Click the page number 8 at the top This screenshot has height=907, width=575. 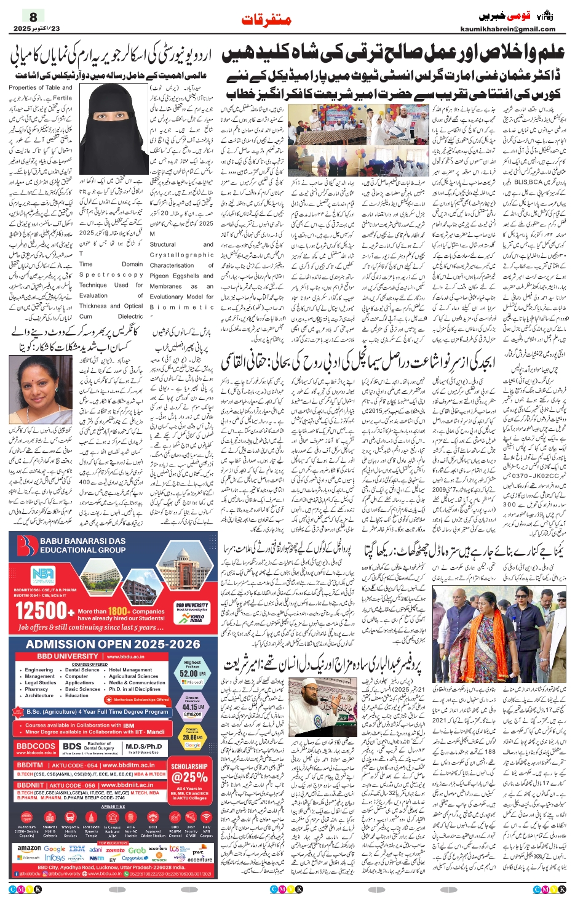33,17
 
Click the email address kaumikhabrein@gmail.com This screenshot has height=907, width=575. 507,29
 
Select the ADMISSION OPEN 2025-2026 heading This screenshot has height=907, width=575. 113,644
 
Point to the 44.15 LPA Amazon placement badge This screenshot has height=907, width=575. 192,706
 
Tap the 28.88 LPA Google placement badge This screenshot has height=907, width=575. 192,737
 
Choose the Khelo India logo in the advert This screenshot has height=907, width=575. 196,618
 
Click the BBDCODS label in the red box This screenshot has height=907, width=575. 35,746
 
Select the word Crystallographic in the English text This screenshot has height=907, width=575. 181,255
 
